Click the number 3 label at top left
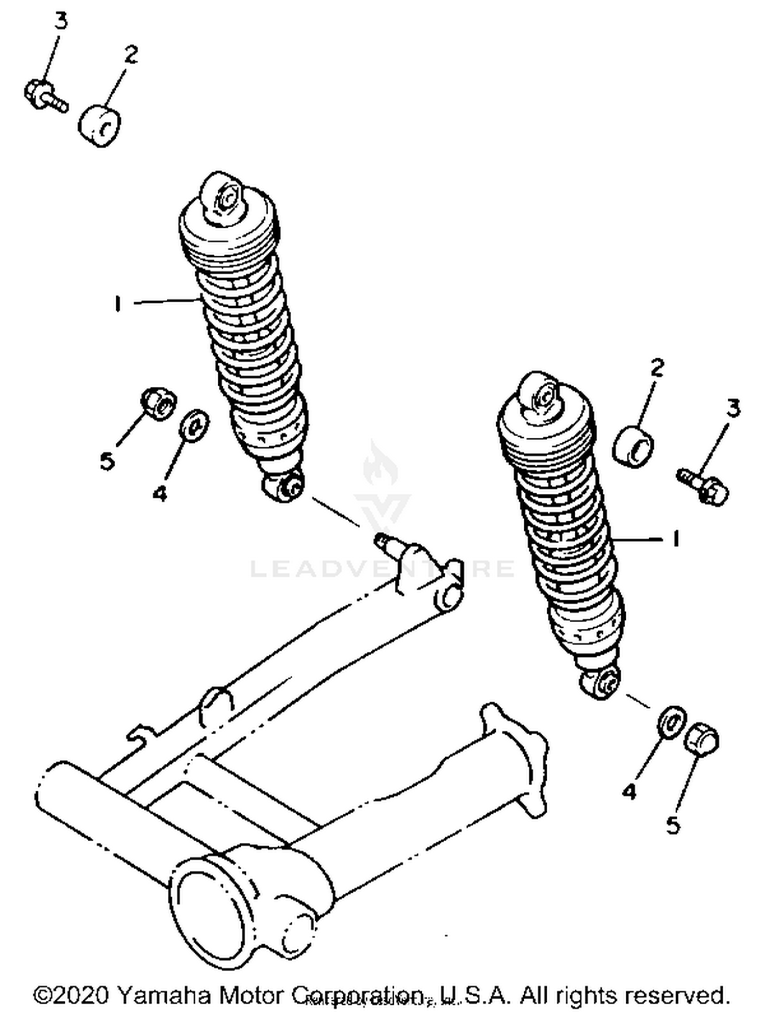pyautogui.click(x=61, y=22)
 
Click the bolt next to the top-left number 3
pyautogui.click(x=45, y=96)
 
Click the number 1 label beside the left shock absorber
pyautogui.click(x=118, y=304)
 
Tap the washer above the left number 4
pyautogui.click(x=194, y=424)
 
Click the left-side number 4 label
pyautogui.click(x=160, y=493)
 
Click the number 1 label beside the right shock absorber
pyautogui.click(x=676, y=539)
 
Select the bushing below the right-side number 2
pyautogui.click(x=633, y=447)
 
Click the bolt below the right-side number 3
pyautogui.click(x=704, y=487)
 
